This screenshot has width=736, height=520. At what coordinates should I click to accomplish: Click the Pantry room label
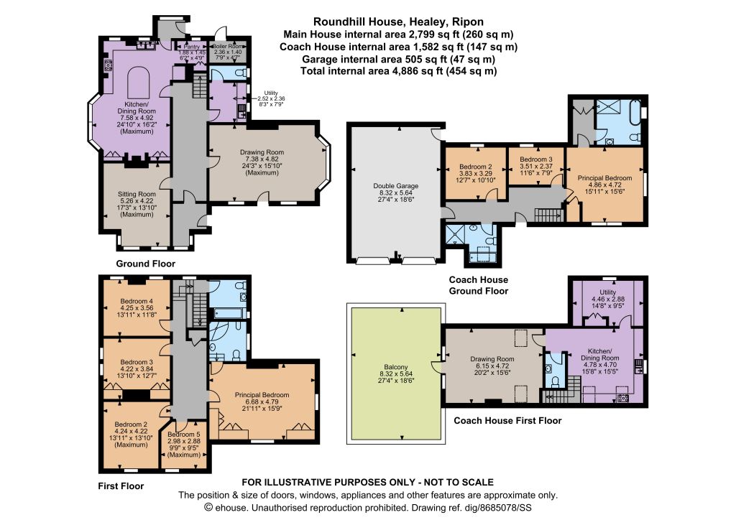click(x=191, y=47)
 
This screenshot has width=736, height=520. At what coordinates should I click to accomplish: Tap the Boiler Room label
click(x=228, y=47)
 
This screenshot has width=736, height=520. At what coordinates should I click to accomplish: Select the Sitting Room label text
click(x=137, y=194)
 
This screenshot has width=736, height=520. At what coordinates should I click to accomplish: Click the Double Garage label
click(x=396, y=186)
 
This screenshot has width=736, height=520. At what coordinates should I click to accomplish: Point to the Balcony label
click(x=396, y=367)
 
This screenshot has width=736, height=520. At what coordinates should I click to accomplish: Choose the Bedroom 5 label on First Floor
click(x=184, y=435)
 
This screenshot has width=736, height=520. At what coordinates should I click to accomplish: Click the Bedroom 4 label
click(x=137, y=301)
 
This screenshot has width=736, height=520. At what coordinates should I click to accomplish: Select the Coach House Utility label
click(x=608, y=292)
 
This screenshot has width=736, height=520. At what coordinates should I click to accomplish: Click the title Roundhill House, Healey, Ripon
click(x=398, y=22)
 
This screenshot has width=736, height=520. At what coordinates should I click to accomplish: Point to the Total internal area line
click(x=398, y=71)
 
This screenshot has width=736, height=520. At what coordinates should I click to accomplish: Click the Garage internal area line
click(x=398, y=59)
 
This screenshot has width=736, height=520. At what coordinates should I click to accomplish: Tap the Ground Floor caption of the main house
click(x=145, y=264)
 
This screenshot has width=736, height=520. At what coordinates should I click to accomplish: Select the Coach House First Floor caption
click(x=507, y=421)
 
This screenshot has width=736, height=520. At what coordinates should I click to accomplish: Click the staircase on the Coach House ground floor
click(x=548, y=215)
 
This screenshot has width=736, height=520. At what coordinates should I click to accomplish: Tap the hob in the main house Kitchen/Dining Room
click(x=108, y=65)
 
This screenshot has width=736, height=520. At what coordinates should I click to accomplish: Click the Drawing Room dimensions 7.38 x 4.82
click(x=262, y=159)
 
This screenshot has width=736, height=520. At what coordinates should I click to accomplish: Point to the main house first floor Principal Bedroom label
click(x=262, y=395)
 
